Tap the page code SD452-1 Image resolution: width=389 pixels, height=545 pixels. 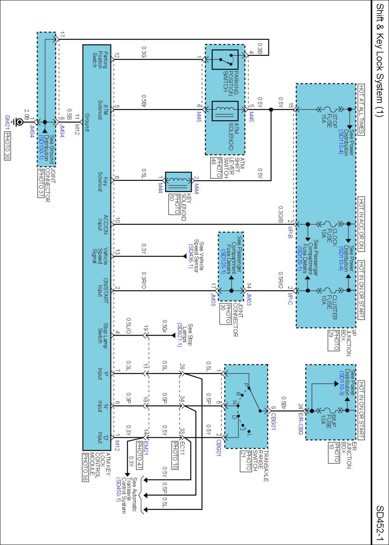pyautogui.click(x=380, y=523)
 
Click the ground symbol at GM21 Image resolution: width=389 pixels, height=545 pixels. pyautogui.click(x=19, y=122)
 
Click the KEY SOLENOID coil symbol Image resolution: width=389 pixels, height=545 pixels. pyautogui.click(x=178, y=182)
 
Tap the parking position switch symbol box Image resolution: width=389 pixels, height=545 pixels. pyautogui.click(x=225, y=60)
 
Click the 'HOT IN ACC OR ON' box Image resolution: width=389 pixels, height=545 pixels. pyautogui.click(x=361, y=224)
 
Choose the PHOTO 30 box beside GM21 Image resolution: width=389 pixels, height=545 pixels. pyautogui.click(x=7, y=146)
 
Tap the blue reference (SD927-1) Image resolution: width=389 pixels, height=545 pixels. pyautogui.click(x=179, y=335)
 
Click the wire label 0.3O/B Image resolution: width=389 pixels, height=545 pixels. pyautogui.click(x=280, y=214)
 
